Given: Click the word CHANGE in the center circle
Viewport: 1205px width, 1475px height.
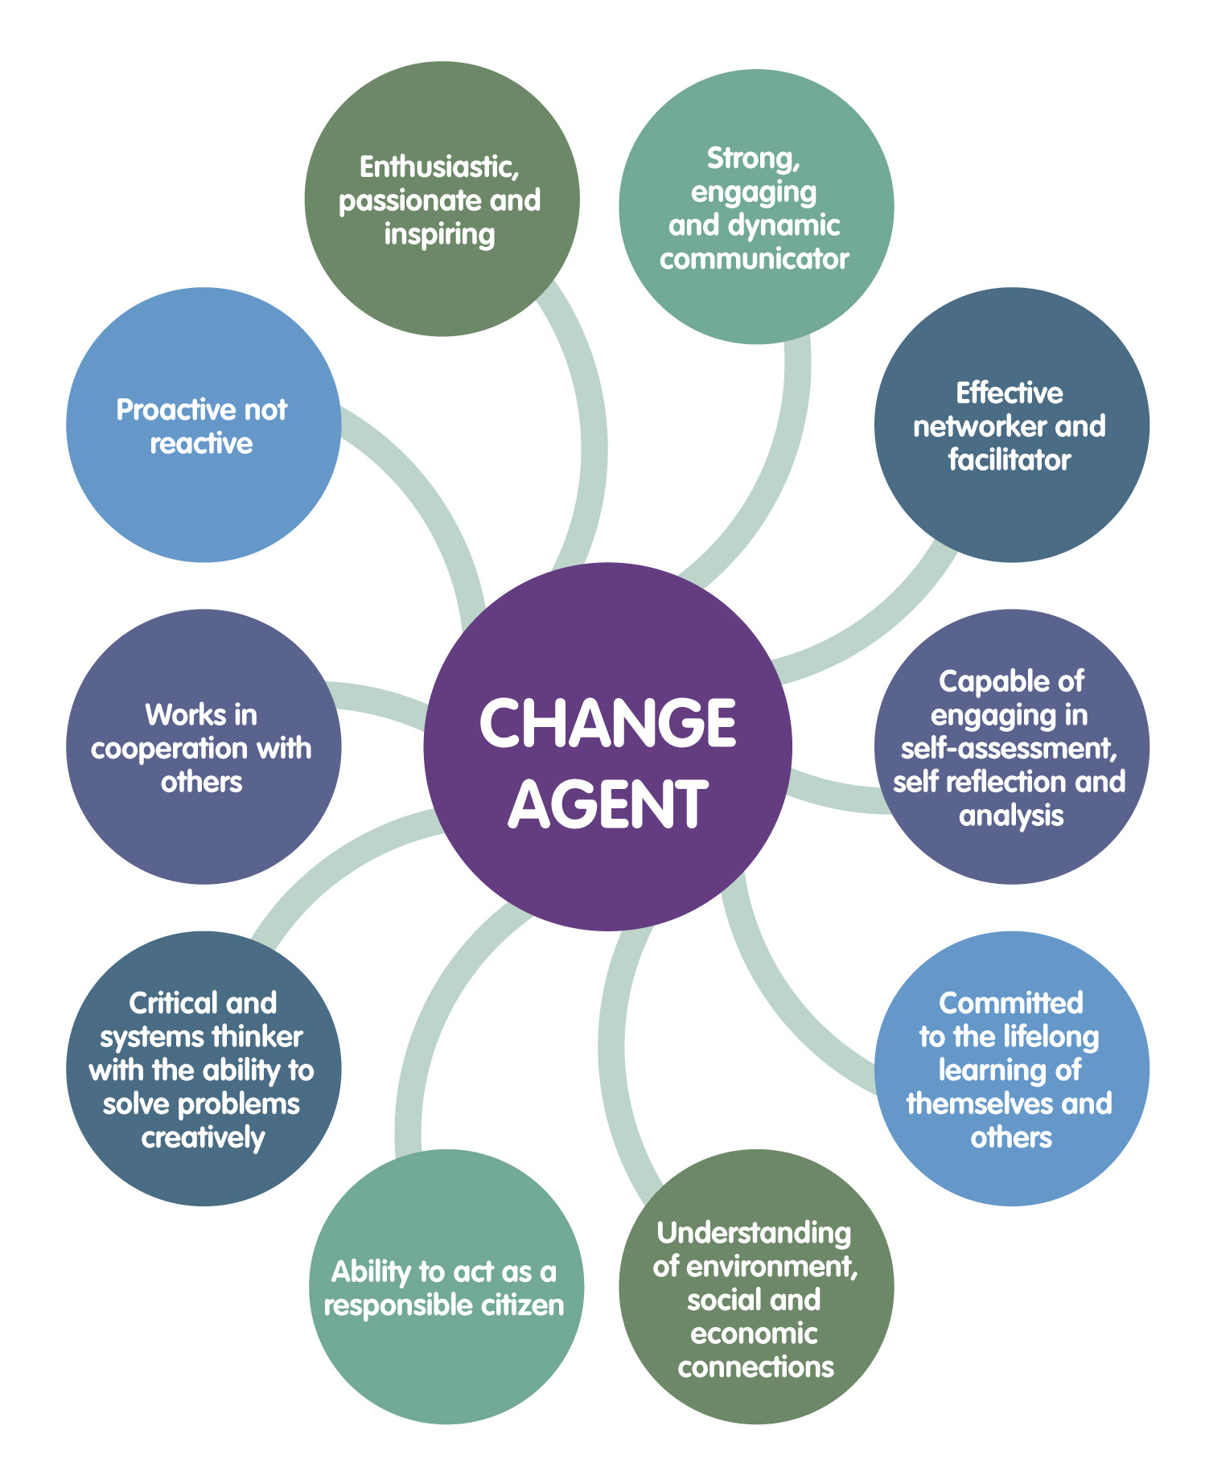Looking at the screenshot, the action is coord(607,722).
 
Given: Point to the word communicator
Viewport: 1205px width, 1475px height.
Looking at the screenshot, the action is coord(755,259).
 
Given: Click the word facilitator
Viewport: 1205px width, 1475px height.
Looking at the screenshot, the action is coord(1010,460).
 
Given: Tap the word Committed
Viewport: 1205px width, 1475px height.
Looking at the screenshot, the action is coord(1011,1003).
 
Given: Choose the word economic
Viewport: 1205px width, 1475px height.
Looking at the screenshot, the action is coord(755,1333).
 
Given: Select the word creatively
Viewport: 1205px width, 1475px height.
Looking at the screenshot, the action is coord(204,1139).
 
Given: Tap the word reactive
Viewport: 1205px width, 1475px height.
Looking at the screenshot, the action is coord(202,444).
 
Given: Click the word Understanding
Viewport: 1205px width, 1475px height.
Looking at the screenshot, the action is coord(755,1233).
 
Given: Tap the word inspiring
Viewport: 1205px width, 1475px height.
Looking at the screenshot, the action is coord(439,235).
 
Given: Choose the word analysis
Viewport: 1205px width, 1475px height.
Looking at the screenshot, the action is coord(1011,816).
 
